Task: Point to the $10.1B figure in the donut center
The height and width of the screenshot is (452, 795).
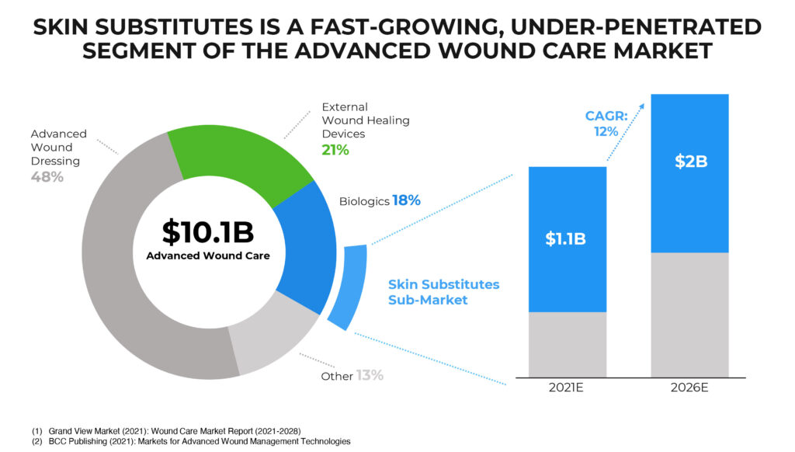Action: coord(208,232)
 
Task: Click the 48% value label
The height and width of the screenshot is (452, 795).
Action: coord(47,177)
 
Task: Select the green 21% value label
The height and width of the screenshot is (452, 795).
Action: coord(335,150)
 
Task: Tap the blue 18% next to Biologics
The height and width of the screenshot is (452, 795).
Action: coord(407,200)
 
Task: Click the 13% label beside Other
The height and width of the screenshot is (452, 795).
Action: coord(370,375)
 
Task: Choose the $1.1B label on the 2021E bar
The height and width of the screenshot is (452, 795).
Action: coord(565,239)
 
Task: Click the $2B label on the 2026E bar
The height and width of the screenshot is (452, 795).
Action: coord(690,162)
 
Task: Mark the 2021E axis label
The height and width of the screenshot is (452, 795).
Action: coord(566,388)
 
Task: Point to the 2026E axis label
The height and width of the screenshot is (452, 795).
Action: coord(689,388)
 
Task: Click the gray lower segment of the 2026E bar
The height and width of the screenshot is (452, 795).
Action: coord(690,315)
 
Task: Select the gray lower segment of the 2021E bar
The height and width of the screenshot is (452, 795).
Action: coord(568,345)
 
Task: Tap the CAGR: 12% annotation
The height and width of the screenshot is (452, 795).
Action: coord(606,123)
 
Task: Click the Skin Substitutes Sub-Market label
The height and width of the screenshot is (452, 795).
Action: coord(443,292)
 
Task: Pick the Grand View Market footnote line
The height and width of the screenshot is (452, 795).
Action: coord(166,431)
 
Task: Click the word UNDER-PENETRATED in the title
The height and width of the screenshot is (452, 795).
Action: coord(636,27)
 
